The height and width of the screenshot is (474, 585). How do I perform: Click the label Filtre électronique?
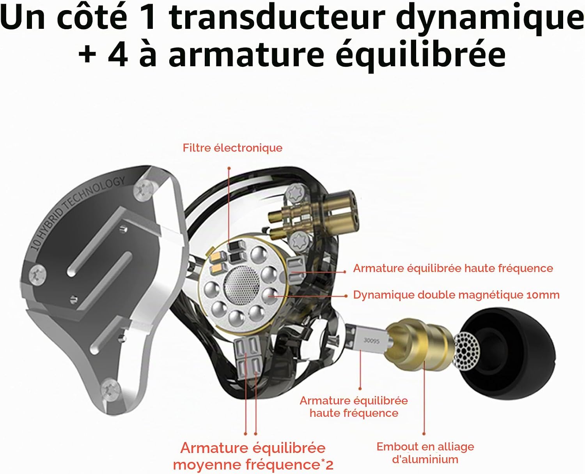click(x=232, y=148)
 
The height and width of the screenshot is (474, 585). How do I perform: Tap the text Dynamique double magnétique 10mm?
click(x=456, y=295)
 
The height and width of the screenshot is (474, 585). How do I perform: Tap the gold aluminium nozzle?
click(x=420, y=345)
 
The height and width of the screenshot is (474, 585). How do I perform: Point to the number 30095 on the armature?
click(x=371, y=341)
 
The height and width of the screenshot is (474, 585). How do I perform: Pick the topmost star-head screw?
click(x=296, y=194)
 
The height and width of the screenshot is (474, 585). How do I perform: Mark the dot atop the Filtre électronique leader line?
click(x=229, y=168)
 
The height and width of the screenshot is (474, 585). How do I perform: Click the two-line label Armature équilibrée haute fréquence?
click(x=354, y=407)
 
